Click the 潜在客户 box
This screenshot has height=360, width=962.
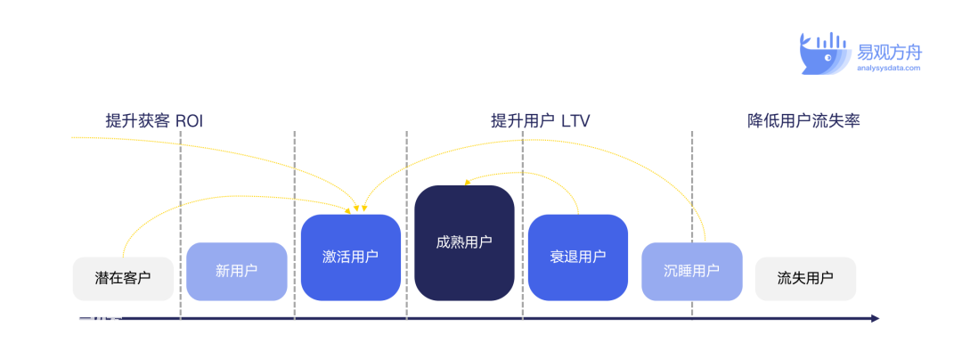(x=123, y=278)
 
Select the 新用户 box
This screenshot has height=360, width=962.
(x=237, y=272)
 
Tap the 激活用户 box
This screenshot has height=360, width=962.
(x=350, y=258)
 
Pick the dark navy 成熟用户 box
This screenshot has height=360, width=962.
(x=464, y=243)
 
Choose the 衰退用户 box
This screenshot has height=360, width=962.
(x=578, y=258)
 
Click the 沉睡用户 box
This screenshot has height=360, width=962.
(x=692, y=272)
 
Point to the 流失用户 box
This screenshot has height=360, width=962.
(x=805, y=278)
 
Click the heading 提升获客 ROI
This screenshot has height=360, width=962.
(x=154, y=121)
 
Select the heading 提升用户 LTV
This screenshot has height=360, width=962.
(x=541, y=121)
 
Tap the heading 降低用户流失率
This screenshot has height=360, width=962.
(x=803, y=121)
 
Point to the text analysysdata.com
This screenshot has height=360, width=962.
(x=889, y=68)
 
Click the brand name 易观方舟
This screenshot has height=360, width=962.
(x=890, y=52)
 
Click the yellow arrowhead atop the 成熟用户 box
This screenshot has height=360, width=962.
(x=466, y=182)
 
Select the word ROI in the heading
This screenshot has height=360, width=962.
(x=189, y=121)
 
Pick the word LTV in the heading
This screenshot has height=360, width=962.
(x=575, y=121)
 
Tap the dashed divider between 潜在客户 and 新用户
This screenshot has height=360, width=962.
(x=180, y=225)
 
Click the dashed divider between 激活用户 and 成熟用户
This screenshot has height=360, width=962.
(x=407, y=225)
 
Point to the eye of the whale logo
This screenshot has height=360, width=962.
(x=827, y=58)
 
